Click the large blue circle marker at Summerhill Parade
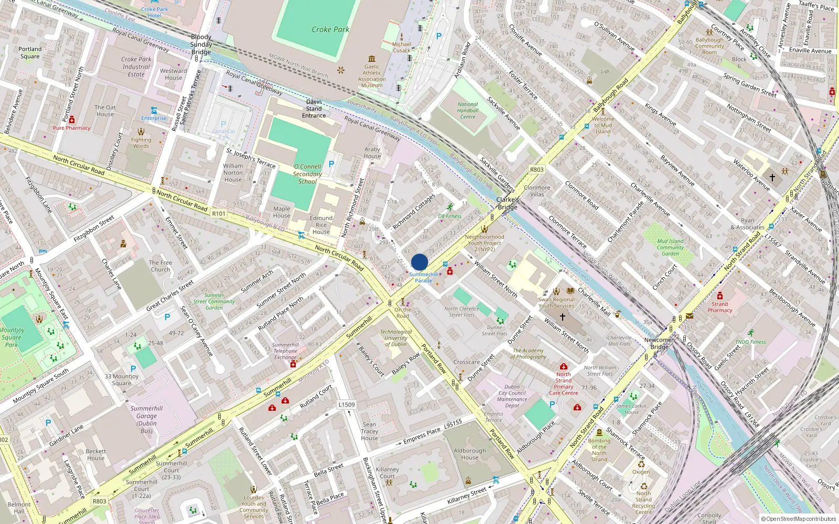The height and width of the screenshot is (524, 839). [419, 262]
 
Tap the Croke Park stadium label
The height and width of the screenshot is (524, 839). [330, 29]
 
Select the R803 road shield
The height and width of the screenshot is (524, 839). [536, 169]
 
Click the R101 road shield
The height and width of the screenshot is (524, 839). [219, 214]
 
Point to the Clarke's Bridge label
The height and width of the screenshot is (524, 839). [508, 203]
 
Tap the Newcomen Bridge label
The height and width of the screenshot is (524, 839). [659, 343]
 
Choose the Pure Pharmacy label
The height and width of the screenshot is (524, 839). [71, 128]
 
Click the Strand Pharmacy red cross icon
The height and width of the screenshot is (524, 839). [720, 296]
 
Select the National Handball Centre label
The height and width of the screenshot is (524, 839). [467, 111]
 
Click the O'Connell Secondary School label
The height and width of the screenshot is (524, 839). [307, 174]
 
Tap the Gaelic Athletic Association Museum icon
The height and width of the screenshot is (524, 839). [372, 59]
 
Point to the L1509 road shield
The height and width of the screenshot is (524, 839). [347, 405]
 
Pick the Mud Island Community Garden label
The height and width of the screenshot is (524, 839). [670, 247]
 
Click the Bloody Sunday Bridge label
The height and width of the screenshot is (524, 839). [201, 45]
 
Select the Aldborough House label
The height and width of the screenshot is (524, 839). [470, 454]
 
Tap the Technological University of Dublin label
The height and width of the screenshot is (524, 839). [396, 338]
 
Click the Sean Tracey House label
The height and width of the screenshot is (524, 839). [369, 431]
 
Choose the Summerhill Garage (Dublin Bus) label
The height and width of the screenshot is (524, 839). [147, 420]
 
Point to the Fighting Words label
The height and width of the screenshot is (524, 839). [141, 143]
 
